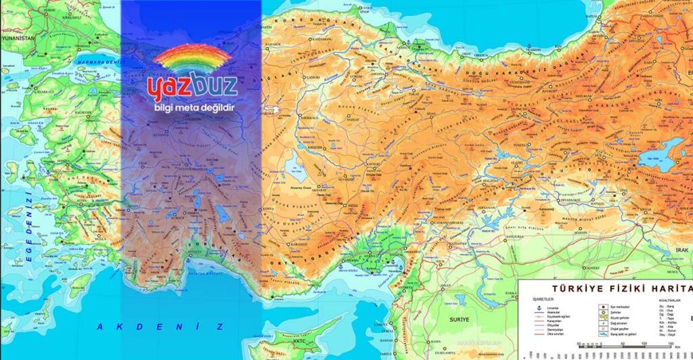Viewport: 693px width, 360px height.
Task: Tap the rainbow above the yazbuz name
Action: (x=192, y=58)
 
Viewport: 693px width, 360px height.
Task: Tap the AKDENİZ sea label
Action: (x=160, y=327)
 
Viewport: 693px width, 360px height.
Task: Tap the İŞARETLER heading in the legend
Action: (x=538, y=296)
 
